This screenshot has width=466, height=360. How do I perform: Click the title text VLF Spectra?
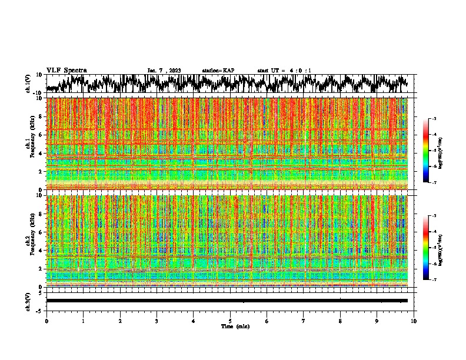click(66, 70)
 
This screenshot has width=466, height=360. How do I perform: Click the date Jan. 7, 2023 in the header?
click(164, 71)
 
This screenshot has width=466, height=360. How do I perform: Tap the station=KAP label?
click(218, 71)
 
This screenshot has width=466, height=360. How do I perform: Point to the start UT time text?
click(284, 71)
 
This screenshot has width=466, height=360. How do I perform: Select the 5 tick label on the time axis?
click(230, 321)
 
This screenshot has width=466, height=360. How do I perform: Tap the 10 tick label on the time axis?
click(414, 321)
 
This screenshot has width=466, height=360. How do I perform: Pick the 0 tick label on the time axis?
click(46, 321)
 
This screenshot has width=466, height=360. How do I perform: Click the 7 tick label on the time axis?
click(304, 321)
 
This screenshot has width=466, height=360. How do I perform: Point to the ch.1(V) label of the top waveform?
click(28, 84)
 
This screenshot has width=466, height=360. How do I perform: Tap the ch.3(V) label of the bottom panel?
click(28, 301)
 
